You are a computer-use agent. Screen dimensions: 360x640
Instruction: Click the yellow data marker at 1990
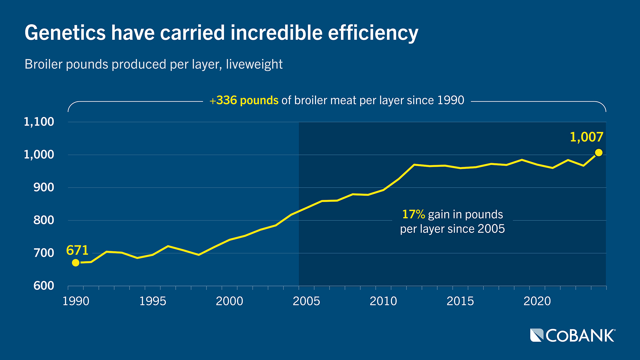click(76, 263)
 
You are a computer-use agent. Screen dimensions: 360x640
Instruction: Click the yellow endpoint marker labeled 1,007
click(599, 153)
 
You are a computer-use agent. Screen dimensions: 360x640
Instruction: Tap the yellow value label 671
click(77, 250)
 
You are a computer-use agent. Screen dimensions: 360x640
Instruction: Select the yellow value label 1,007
click(586, 137)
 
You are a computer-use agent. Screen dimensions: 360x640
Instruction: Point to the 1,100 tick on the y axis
click(39, 122)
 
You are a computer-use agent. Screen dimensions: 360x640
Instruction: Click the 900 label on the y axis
click(44, 187)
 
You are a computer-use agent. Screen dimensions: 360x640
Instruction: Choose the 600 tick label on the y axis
click(44, 286)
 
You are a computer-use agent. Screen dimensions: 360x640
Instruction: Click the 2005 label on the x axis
click(306, 301)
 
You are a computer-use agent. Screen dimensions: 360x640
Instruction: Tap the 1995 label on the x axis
click(152, 301)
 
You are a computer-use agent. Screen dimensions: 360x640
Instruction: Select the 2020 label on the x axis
click(537, 301)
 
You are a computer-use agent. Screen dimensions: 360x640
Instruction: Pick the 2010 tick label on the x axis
click(383, 301)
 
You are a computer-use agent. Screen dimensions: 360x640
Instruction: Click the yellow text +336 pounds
click(244, 100)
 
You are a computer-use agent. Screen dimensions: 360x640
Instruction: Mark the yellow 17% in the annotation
click(413, 214)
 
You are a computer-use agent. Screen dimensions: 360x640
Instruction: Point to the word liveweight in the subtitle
click(254, 64)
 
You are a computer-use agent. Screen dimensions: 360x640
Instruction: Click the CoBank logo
click(572, 335)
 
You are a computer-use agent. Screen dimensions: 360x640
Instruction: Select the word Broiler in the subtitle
click(43, 64)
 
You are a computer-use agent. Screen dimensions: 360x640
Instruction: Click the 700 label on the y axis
click(44, 253)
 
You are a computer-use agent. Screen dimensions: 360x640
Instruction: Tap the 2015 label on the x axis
click(460, 301)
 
